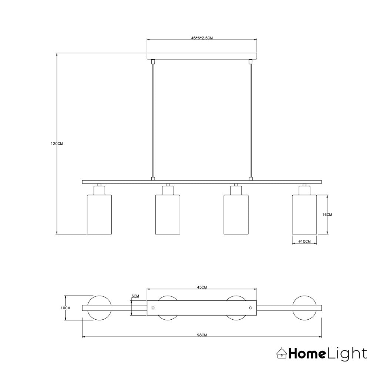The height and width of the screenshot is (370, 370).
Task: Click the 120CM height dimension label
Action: tap(57, 144)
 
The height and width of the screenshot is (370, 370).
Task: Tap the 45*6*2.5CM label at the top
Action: tap(202, 38)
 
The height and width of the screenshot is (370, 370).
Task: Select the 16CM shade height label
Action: tap(327, 215)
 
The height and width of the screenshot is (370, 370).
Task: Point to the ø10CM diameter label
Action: tap(305, 241)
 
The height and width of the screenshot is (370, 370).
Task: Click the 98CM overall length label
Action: tap(202, 335)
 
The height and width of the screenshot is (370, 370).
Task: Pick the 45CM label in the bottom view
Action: tap(202, 287)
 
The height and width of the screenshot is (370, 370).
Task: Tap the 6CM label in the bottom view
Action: tap(135, 296)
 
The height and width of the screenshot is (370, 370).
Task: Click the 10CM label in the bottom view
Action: tap(65, 308)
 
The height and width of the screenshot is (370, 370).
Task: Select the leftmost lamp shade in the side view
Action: tap(99, 215)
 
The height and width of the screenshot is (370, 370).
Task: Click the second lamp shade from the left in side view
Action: tap(168, 215)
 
